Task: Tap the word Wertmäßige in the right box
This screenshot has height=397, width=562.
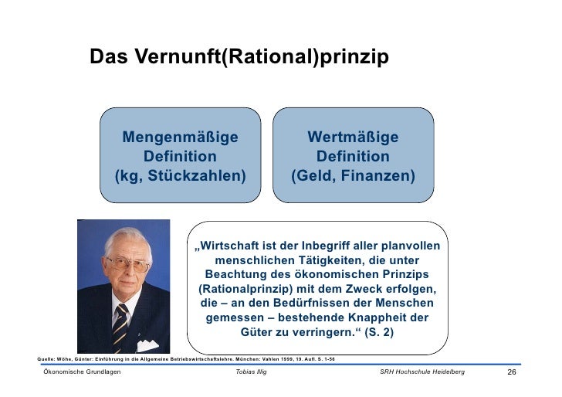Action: pyautogui.click(x=353, y=137)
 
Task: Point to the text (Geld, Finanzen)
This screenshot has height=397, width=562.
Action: pyautogui.click(x=353, y=176)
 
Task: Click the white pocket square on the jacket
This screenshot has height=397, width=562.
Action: pyautogui.click(x=147, y=345)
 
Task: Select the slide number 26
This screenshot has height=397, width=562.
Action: pyautogui.click(x=510, y=373)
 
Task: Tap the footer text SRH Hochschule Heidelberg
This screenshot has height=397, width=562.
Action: pyautogui.click(x=423, y=373)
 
